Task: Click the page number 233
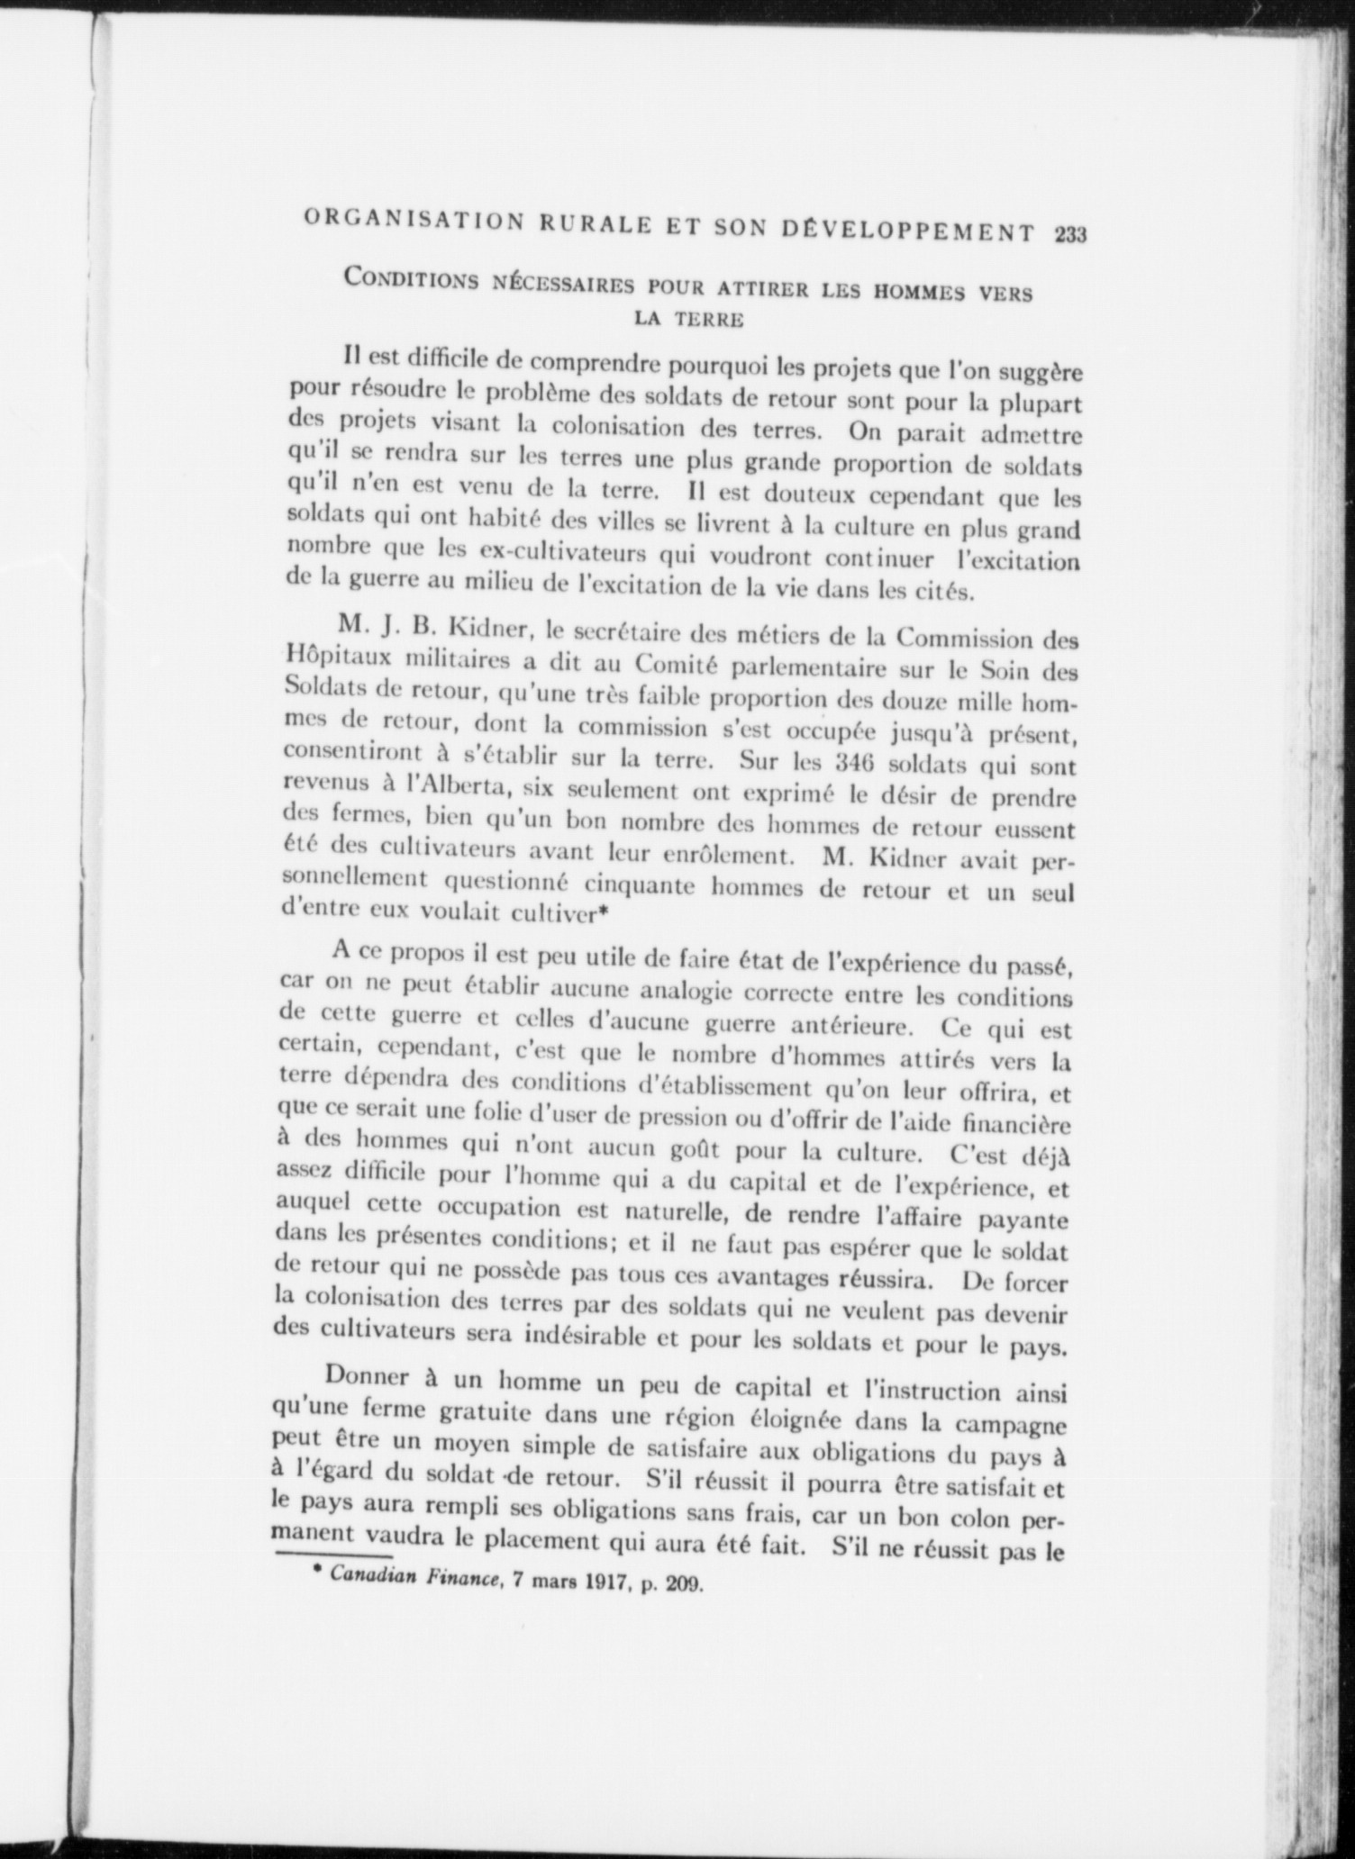tap(1070, 235)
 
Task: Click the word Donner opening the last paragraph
tap(371, 1379)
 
